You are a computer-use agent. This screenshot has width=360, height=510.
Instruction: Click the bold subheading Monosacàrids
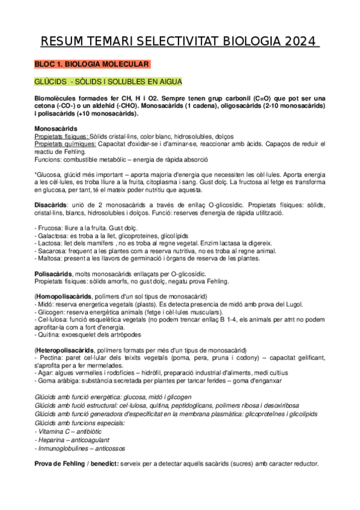[55, 128]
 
